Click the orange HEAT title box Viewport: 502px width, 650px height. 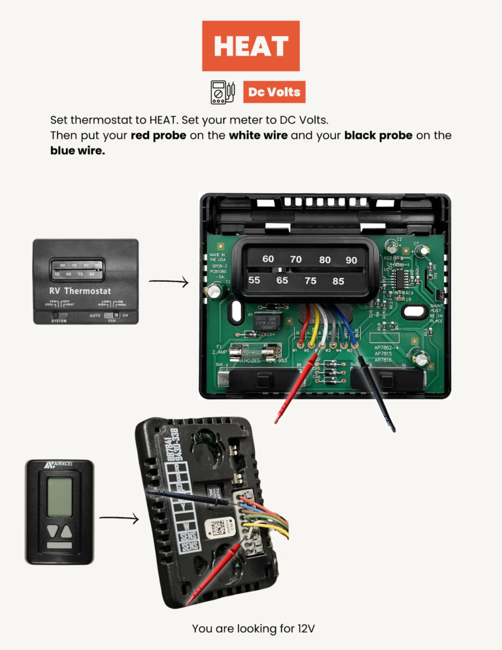coord(250,46)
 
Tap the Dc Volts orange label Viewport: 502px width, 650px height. coord(274,92)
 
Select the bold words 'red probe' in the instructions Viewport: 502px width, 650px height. coord(158,135)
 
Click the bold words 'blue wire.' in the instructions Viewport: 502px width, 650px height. coord(77,150)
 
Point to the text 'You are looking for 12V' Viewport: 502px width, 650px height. coord(253,628)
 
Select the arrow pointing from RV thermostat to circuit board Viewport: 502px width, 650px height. coord(168,282)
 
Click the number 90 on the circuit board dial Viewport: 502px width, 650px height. coord(352,260)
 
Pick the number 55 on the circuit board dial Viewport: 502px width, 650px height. coord(254,280)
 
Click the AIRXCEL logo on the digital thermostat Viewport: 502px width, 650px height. coord(59,466)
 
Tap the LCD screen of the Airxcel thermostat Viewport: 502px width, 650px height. coord(59,494)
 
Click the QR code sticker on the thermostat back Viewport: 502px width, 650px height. coord(218,527)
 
